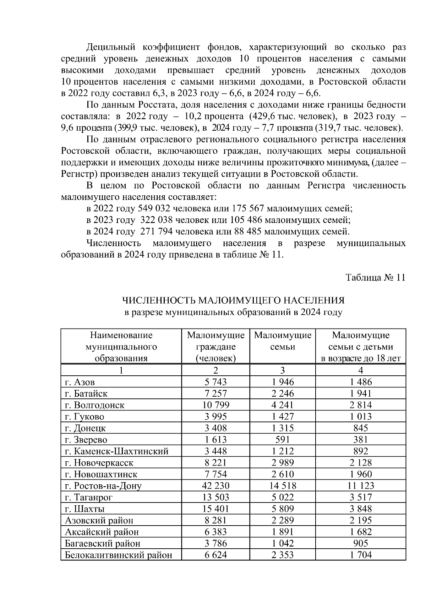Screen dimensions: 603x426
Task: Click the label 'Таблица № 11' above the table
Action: (x=375, y=278)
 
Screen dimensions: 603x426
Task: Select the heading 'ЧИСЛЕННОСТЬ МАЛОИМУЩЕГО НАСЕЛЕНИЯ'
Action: (x=233, y=301)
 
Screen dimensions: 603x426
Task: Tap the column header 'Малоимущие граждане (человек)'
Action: (x=215, y=347)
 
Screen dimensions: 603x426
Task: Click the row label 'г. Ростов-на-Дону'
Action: (x=103, y=486)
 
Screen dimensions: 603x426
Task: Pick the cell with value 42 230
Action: (x=215, y=486)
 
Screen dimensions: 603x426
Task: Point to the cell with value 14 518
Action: (x=282, y=486)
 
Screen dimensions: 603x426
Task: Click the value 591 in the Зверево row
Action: (x=282, y=440)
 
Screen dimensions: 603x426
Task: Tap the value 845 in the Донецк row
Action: (x=360, y=428)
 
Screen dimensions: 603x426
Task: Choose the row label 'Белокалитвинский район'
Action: (x=119, y=555)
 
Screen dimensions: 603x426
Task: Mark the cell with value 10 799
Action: (x=215, y=405)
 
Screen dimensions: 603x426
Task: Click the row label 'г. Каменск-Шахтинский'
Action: (x=117, y=451)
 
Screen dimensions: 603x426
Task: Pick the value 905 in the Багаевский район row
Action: (x=360, y=544)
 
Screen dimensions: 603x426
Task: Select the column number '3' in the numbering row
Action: (x=282, y=371)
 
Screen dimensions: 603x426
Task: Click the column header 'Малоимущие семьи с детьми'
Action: (x=360, y=347)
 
